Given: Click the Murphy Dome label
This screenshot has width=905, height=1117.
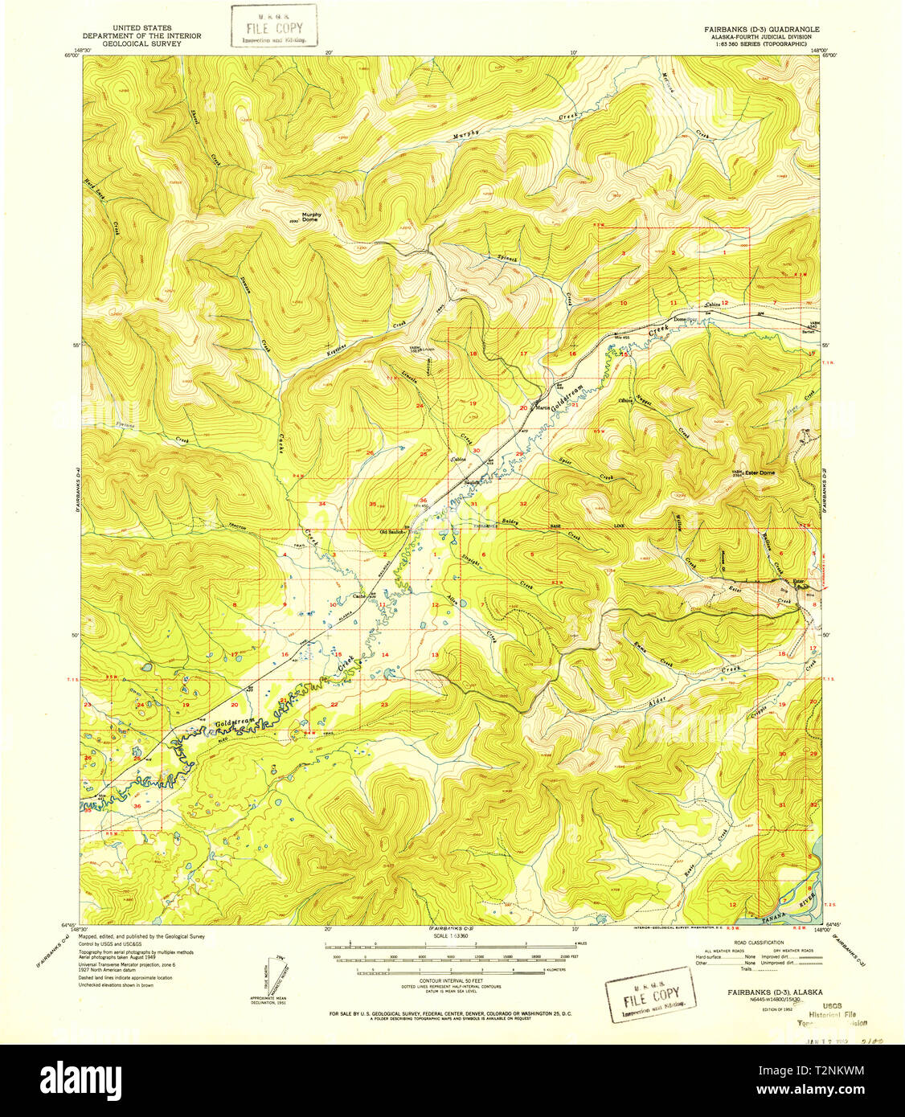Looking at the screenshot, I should tap(310, 217).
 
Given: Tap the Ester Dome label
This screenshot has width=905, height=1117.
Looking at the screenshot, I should tap(760, 473).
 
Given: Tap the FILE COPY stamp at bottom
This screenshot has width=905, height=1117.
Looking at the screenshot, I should tap(652, 996).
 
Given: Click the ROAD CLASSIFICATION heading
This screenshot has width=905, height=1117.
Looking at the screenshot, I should tap(753, 942).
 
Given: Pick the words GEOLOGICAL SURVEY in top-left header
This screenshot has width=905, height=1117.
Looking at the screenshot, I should tap(141, 43).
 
